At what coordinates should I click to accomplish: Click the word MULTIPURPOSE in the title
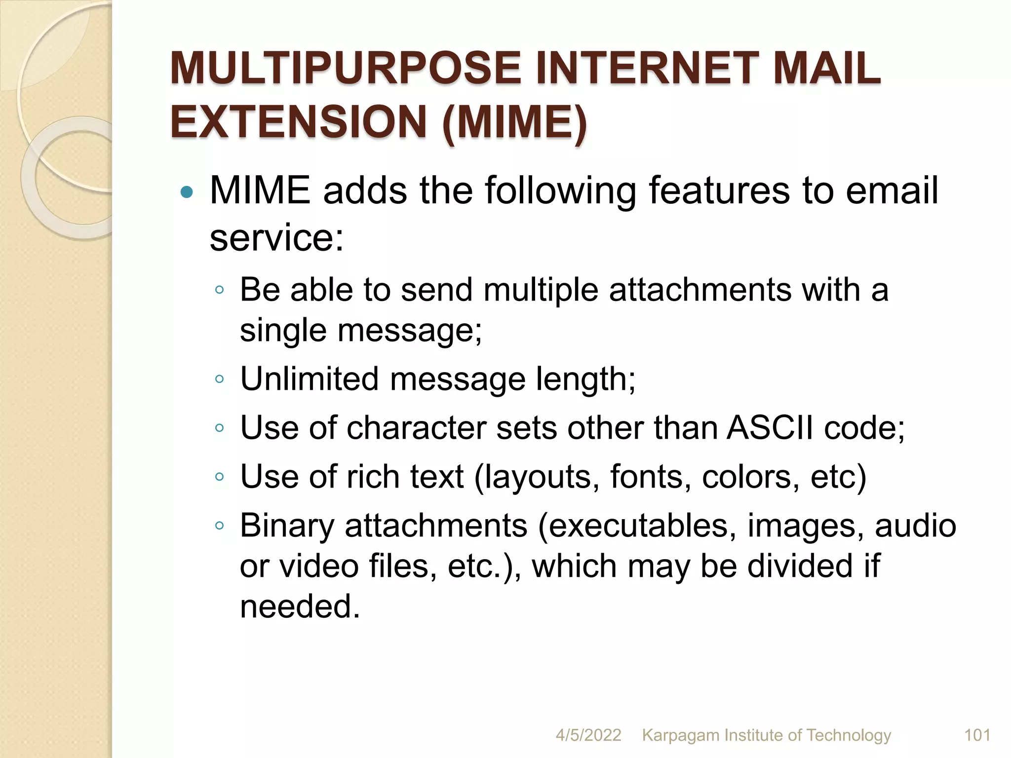pyautogui.click(x=346, y=69)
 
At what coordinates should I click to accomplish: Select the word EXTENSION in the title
pyautogui.click(x=299, y=122)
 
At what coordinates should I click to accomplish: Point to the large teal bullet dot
pyautogui.click(x=187, y=192)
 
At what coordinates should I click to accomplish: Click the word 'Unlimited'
pyautogui.click(x=310, y=379)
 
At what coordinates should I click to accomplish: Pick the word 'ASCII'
pyautogui.click(x=770, y=428)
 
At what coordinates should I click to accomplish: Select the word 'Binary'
pyautogui.click(x=287, y=526)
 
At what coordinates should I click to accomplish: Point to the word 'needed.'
pyautogui.click(x=300, y=606)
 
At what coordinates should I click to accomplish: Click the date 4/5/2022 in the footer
pyautogui.click(x=588, y=735)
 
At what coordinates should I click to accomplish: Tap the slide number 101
pyautogui.click(x=977, y=735)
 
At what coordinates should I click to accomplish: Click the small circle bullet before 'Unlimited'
pyautogui.click(x=220, y=379)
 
